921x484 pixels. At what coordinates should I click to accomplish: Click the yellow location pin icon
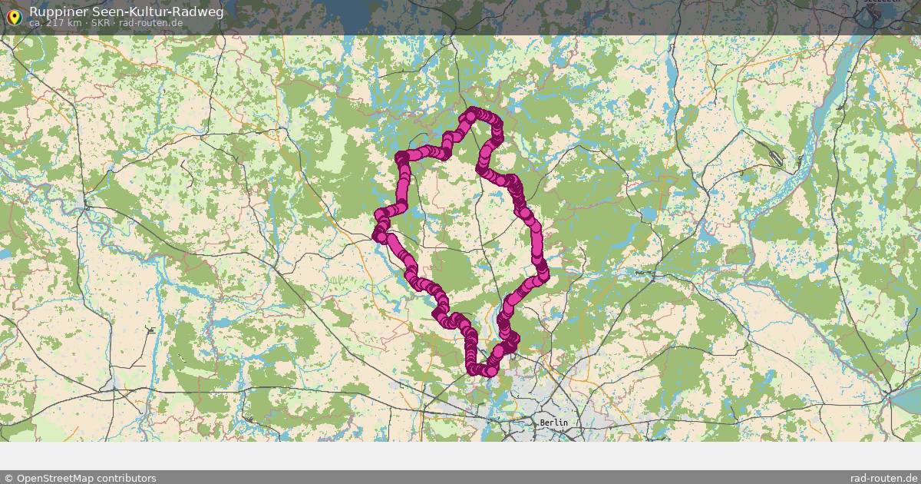[x=13, y=16]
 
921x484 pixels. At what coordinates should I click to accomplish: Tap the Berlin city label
[x=553, y=423]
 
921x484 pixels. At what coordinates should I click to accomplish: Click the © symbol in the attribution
[x=8, y=478]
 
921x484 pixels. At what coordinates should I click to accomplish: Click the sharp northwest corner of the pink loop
[x=401, y=157]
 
